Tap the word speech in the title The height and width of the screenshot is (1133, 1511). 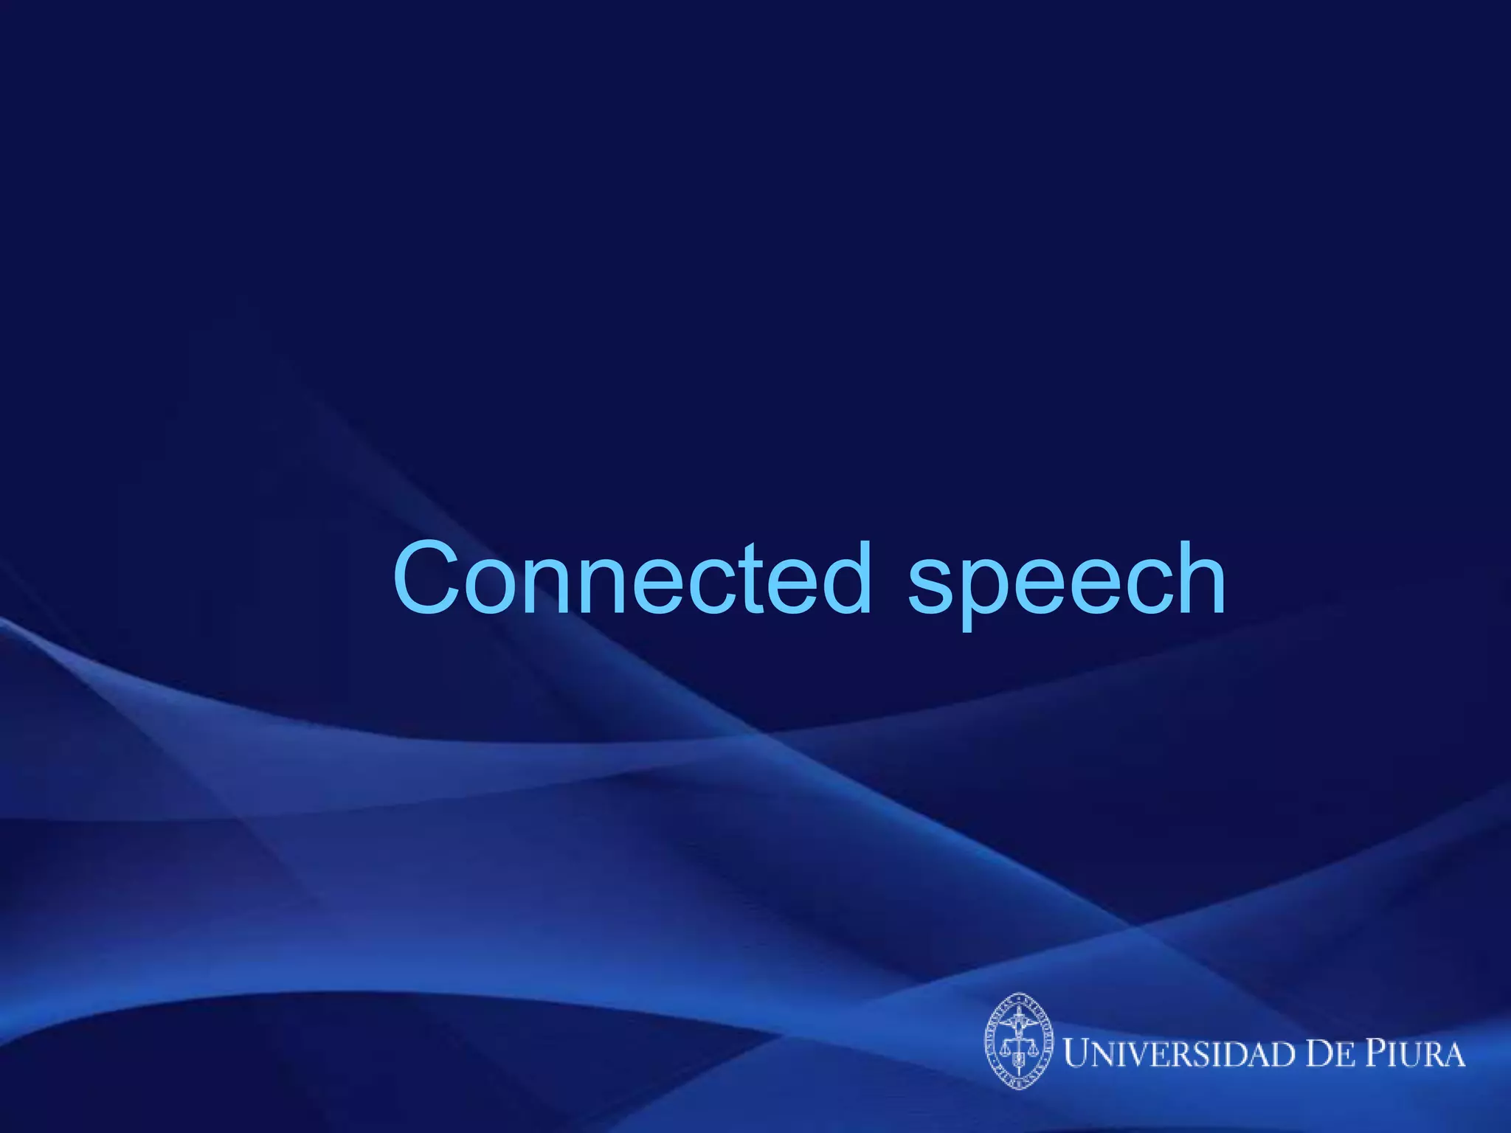coord(1066,583)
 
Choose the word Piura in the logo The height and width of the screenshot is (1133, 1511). coord(1414,1053)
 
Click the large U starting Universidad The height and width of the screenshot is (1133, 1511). coord(1078,1053)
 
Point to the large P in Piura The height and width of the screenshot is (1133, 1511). coord(1375,1053)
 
